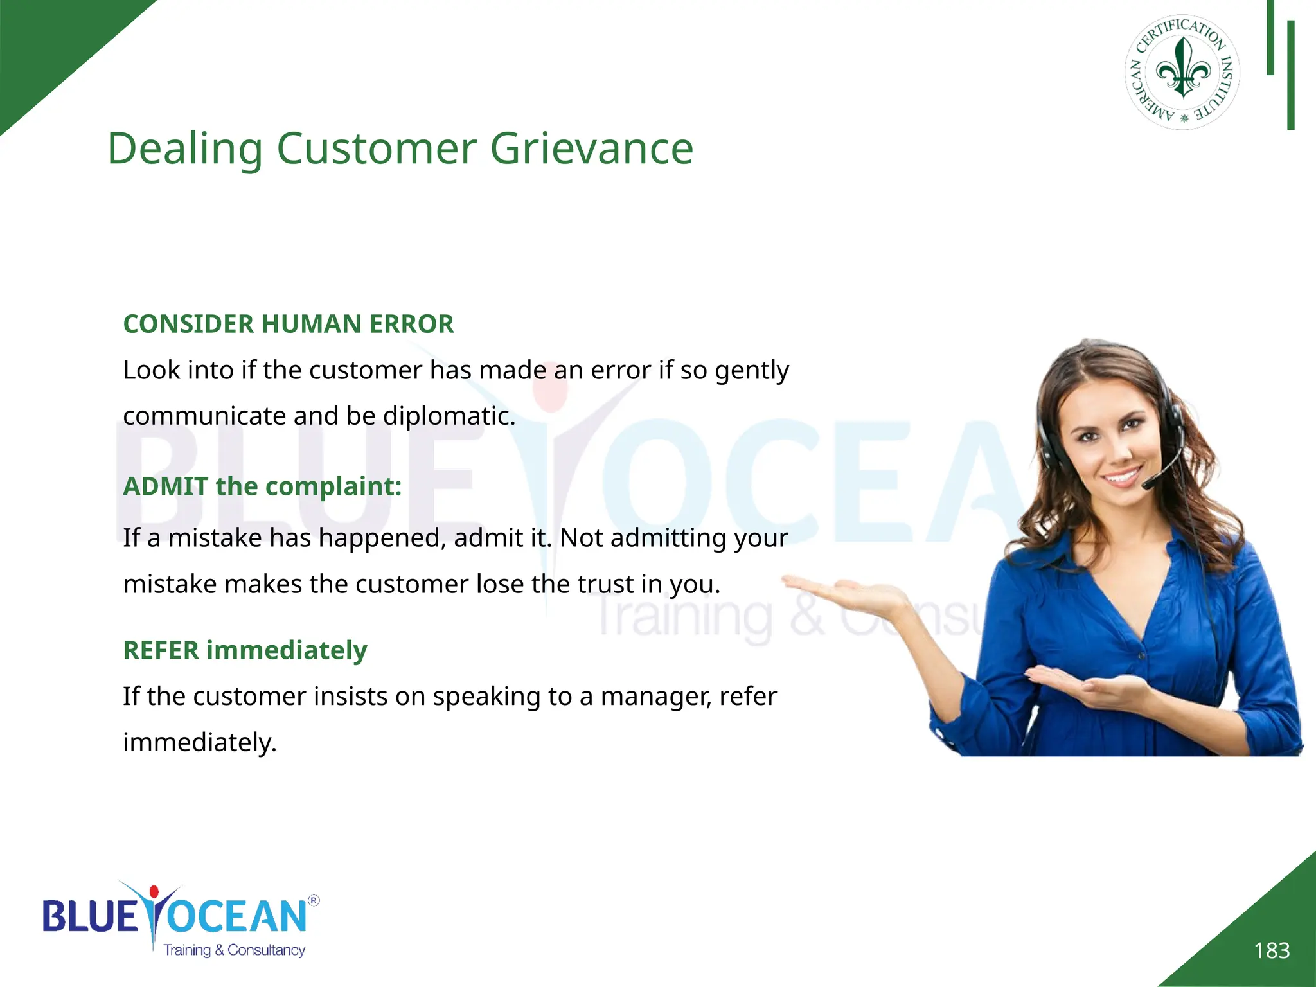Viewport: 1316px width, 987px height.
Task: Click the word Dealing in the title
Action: [x=185, y=149]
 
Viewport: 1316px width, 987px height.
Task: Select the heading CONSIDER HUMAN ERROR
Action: [x=289, y=324]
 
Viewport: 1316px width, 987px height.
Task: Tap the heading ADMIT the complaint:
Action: [x=262, y=486]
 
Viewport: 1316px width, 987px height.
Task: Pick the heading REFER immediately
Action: [x=245, y=650]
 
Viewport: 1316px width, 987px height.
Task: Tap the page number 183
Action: [x=1272, y=950]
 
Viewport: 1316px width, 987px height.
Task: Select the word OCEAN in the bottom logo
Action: [x=238, y=916]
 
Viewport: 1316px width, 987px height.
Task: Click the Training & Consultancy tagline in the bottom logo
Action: [x=234, y=950]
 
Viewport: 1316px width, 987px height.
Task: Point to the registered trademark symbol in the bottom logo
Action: [x=314, y=900]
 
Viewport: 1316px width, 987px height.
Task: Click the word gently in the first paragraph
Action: [x=752, y=371]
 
